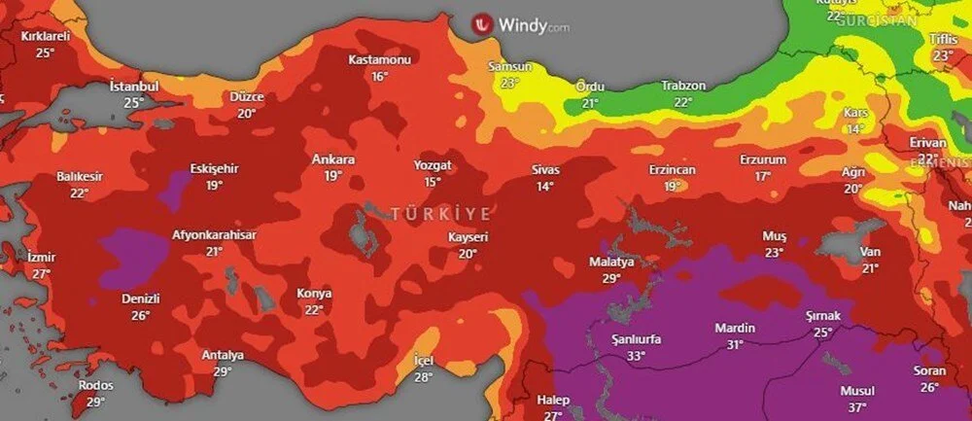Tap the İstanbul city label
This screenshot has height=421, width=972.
134,87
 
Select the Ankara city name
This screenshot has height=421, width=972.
333,159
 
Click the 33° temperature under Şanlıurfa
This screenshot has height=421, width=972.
636,356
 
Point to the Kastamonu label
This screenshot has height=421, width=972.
380,60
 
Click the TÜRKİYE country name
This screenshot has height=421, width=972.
442,212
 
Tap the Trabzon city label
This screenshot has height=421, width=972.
683,87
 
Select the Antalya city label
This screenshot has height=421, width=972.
223,355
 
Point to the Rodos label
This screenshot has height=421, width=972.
95,386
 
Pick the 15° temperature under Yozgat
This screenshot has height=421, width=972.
433,182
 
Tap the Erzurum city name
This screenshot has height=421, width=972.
762,159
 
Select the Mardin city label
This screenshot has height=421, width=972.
735,328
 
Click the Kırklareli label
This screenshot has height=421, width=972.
46,37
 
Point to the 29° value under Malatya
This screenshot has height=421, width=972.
610,279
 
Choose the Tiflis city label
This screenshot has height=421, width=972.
943,39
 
